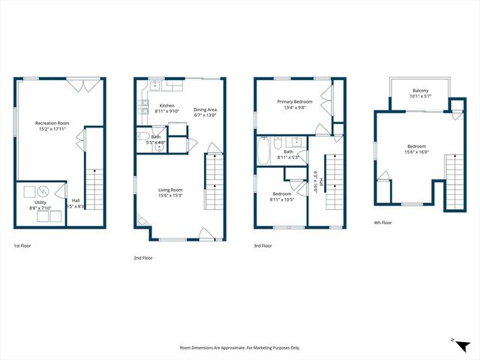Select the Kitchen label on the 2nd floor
pos(167,107)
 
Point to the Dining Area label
pos(205,109)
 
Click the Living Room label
pos(170,190)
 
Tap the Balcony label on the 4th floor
pos(420,91)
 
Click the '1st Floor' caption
pos(22,246)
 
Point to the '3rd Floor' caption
pos(263,246)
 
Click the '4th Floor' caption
pos(382,222)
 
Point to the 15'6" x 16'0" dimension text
pos(418,151)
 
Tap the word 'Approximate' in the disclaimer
pos(223,348)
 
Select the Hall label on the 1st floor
pos(76,200)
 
